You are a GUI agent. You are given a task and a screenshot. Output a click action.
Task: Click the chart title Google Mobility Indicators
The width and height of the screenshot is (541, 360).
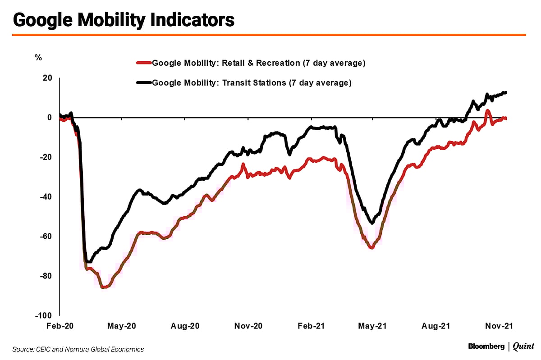coord(124,20)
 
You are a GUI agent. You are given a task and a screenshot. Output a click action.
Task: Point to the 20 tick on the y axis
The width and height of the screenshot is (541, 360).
coord(47,78)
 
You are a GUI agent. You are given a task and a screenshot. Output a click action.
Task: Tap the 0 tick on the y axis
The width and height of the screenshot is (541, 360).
coord(50,118)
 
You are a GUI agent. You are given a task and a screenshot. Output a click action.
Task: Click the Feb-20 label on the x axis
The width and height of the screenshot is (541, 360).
coord(60,325)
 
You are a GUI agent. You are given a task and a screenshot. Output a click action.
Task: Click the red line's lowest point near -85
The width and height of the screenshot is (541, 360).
coord(104,287)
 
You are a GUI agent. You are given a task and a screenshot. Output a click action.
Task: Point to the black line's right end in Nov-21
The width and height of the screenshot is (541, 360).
coord(506,92)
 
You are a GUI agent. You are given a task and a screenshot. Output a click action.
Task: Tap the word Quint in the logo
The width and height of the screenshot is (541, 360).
coord(523,346)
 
